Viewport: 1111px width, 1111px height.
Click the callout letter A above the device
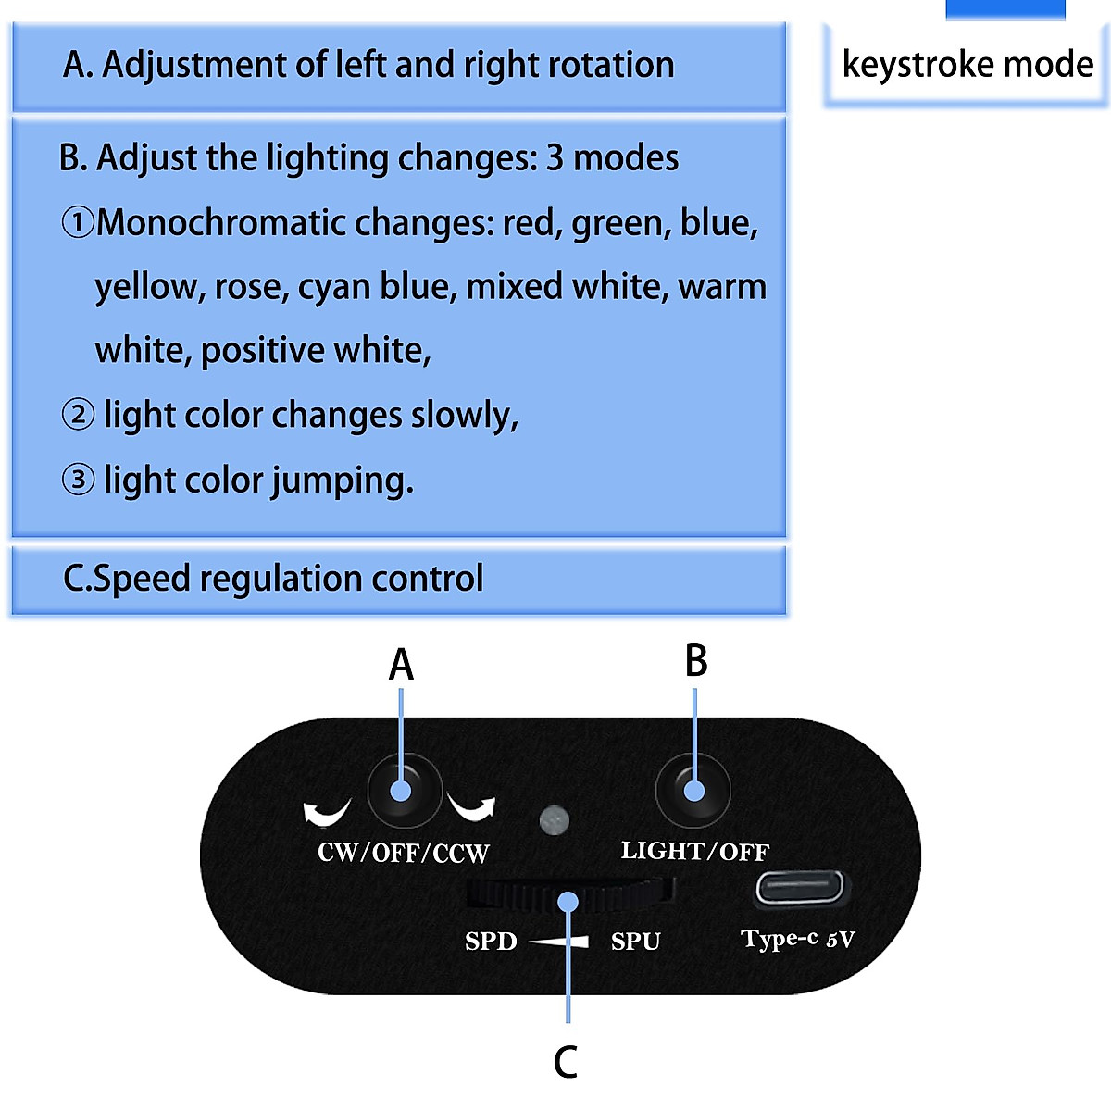401,665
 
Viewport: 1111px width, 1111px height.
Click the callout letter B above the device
696,661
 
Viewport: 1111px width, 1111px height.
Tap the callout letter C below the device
565,1062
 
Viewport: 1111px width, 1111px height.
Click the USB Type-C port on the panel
801,888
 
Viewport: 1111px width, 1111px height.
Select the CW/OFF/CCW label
403,853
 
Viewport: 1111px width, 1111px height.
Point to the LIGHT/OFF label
694,851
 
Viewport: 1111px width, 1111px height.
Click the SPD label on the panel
491,942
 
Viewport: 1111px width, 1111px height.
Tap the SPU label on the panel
635,942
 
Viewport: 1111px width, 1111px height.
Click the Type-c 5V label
797,939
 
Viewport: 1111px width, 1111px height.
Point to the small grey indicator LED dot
554,819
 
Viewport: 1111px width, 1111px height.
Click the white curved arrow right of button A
472,807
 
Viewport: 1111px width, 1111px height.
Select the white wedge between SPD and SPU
559,942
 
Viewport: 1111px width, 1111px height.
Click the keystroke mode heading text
967,65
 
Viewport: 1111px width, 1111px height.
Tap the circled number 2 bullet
78,414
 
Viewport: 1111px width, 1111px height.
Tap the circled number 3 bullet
78,480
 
